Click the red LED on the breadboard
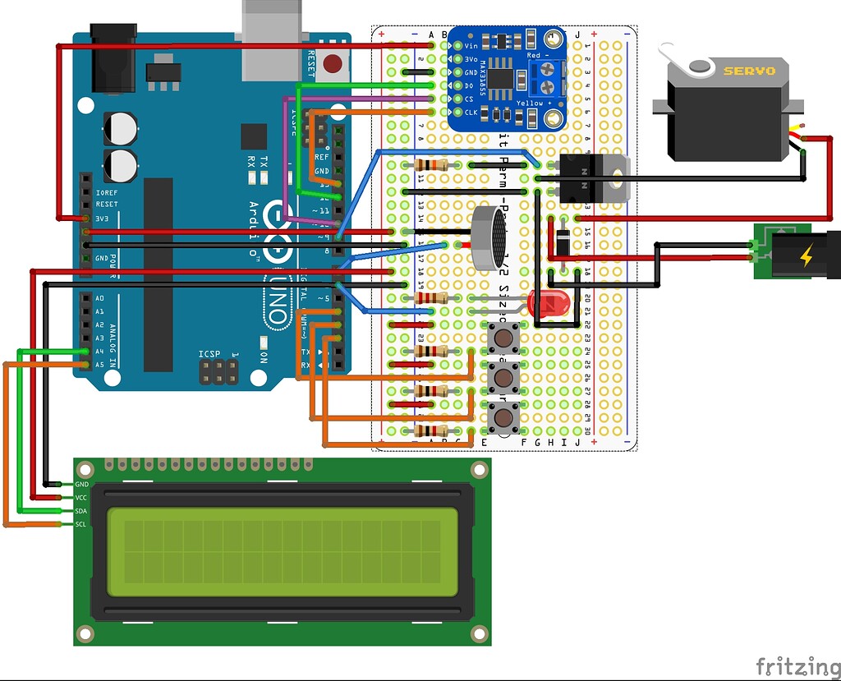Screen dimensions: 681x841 (548, 304)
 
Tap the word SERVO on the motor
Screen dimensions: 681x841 (748, 71)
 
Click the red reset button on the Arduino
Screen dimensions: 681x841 (333, 62)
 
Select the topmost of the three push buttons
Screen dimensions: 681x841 (503, 337)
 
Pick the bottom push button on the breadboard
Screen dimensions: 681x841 (503, 418)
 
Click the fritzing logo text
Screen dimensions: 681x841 (792, 664)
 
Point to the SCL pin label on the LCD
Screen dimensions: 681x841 (81, 524)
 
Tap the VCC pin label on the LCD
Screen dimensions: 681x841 (81, 498)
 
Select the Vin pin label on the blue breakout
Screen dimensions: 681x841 (471, 46)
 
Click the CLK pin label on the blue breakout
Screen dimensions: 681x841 (471, 112)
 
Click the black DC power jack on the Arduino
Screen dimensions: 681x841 (108, 58)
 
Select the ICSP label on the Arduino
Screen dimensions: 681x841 (209, 354)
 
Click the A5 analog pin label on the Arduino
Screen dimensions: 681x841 (99, 364)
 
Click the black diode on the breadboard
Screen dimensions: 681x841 (563, 242)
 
